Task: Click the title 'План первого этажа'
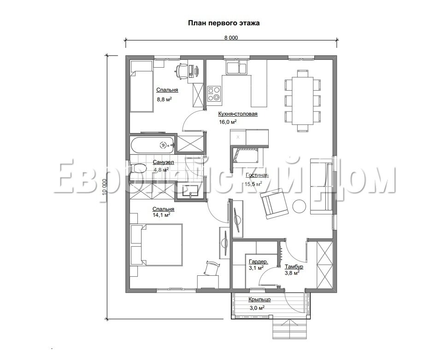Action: [224, 23]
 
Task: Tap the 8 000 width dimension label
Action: [231, 38]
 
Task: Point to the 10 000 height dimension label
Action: [104, 191]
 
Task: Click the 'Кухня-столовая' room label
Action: [238, 114]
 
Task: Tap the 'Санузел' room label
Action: [163, 163]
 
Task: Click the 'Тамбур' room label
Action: [294, 267]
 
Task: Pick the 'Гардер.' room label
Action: [258, 261]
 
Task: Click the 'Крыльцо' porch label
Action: [259, 299]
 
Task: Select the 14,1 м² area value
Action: [162, 215]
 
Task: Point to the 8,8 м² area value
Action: [164, 99]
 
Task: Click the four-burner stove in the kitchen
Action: [214, 94]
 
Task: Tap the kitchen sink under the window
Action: [236, 68]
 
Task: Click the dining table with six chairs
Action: [302, 100]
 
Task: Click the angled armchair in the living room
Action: [274, 204]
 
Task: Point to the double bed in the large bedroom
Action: [157, 244]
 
